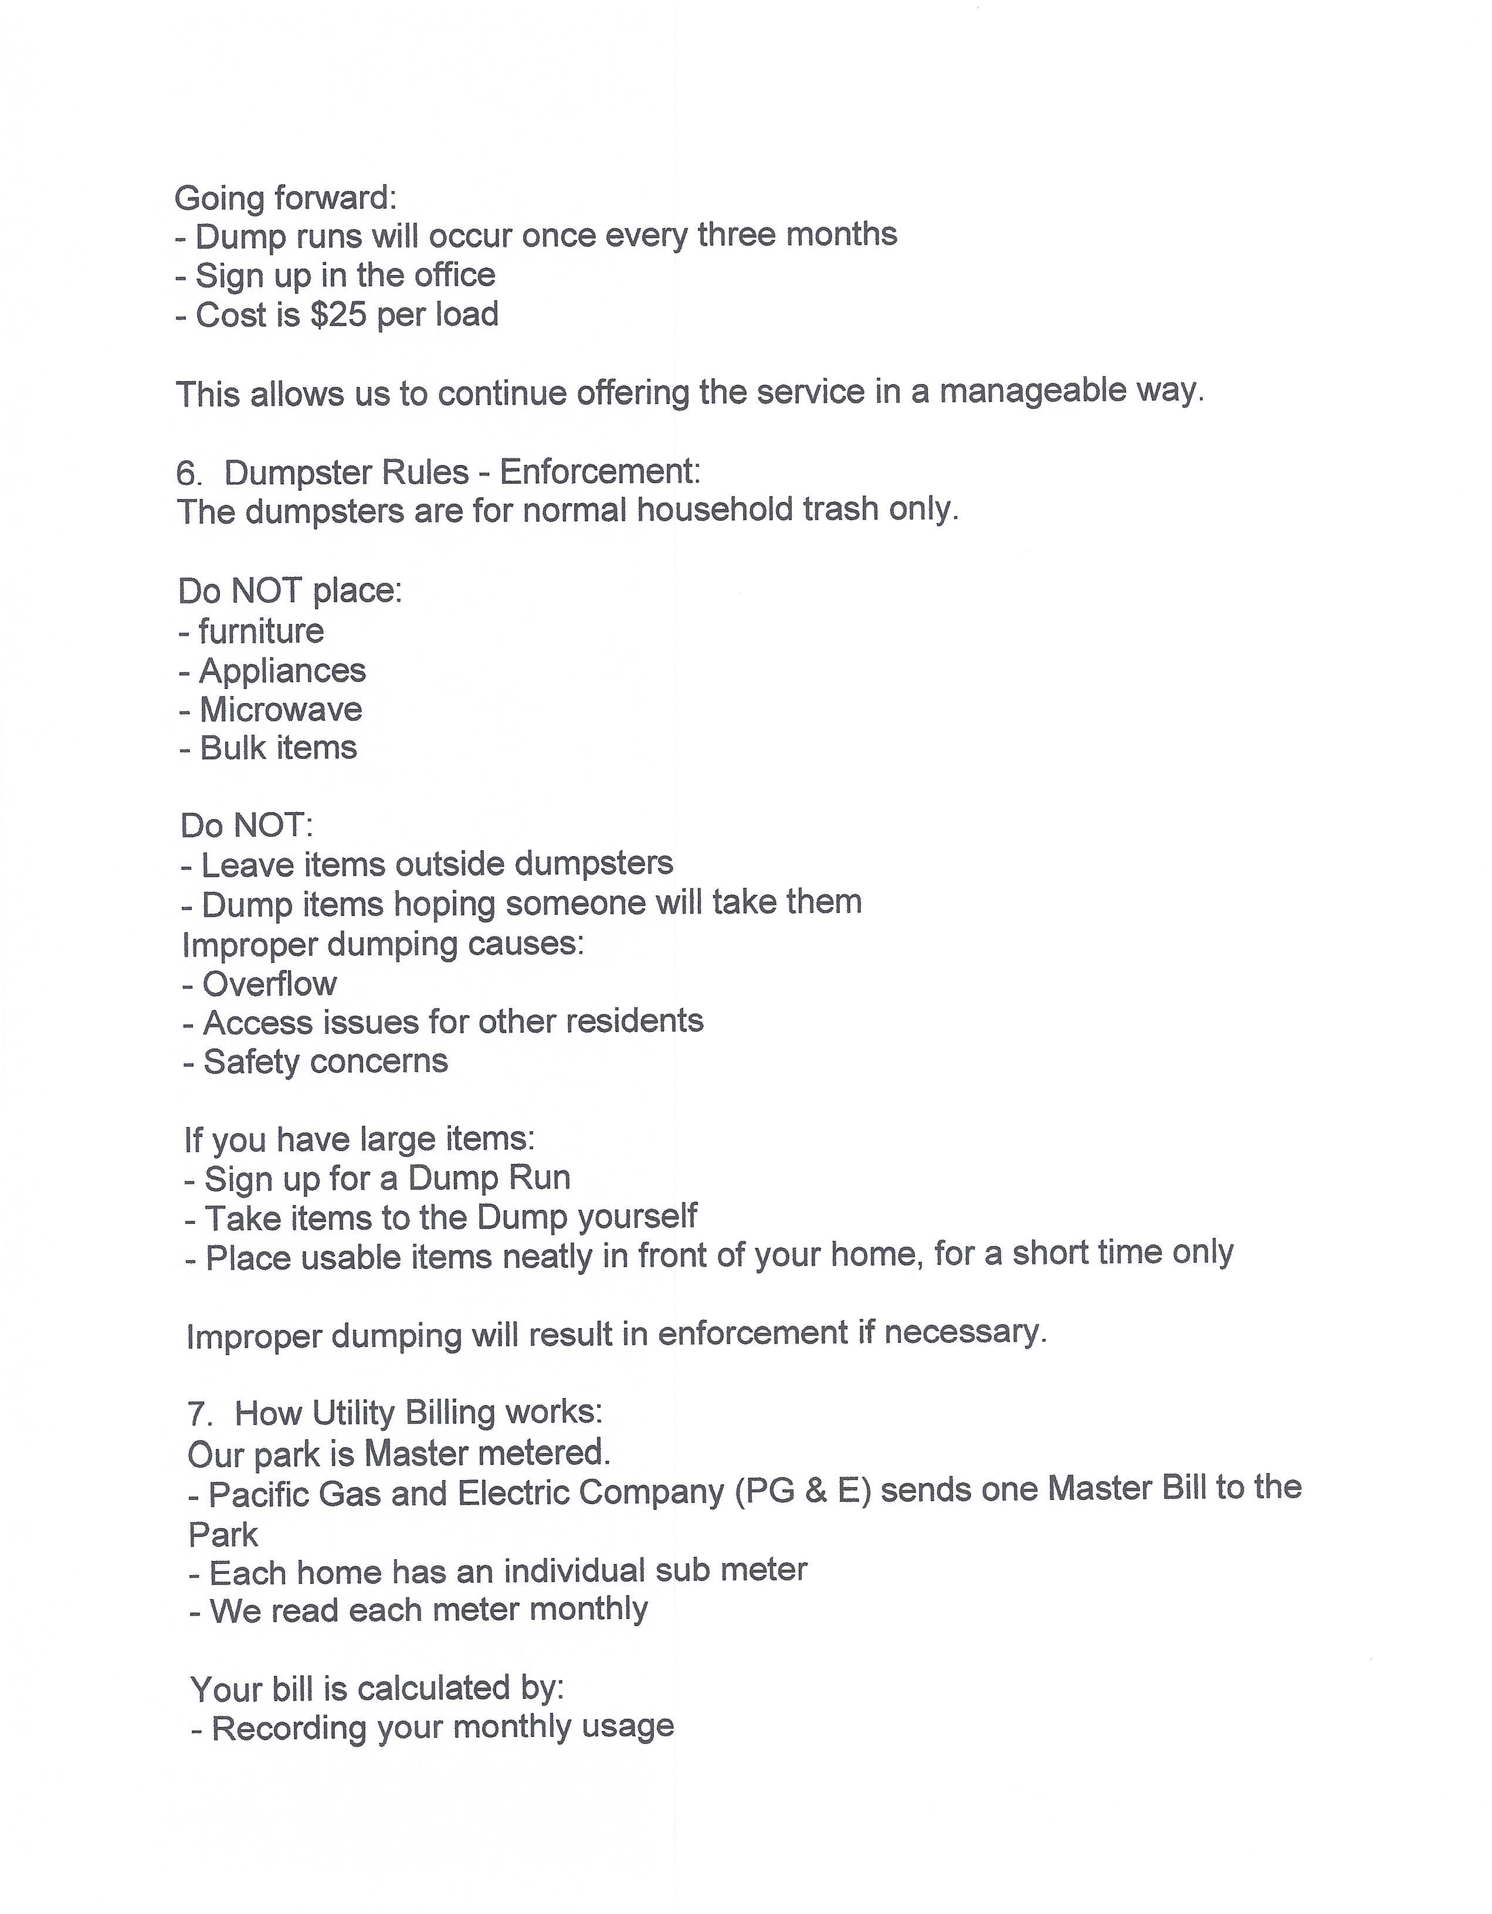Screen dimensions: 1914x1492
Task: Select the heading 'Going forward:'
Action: (286, 198)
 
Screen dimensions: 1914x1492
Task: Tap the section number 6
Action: (188, 474)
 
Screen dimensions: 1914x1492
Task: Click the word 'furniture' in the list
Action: (261, 631)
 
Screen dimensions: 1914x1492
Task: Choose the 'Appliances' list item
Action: (282, 670)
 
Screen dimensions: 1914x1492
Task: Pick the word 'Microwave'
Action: (280, 709)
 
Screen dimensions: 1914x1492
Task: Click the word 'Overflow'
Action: (269, 984)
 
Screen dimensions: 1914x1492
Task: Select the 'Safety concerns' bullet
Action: (325, 1061)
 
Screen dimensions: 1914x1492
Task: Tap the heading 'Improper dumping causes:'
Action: (383, 944)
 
